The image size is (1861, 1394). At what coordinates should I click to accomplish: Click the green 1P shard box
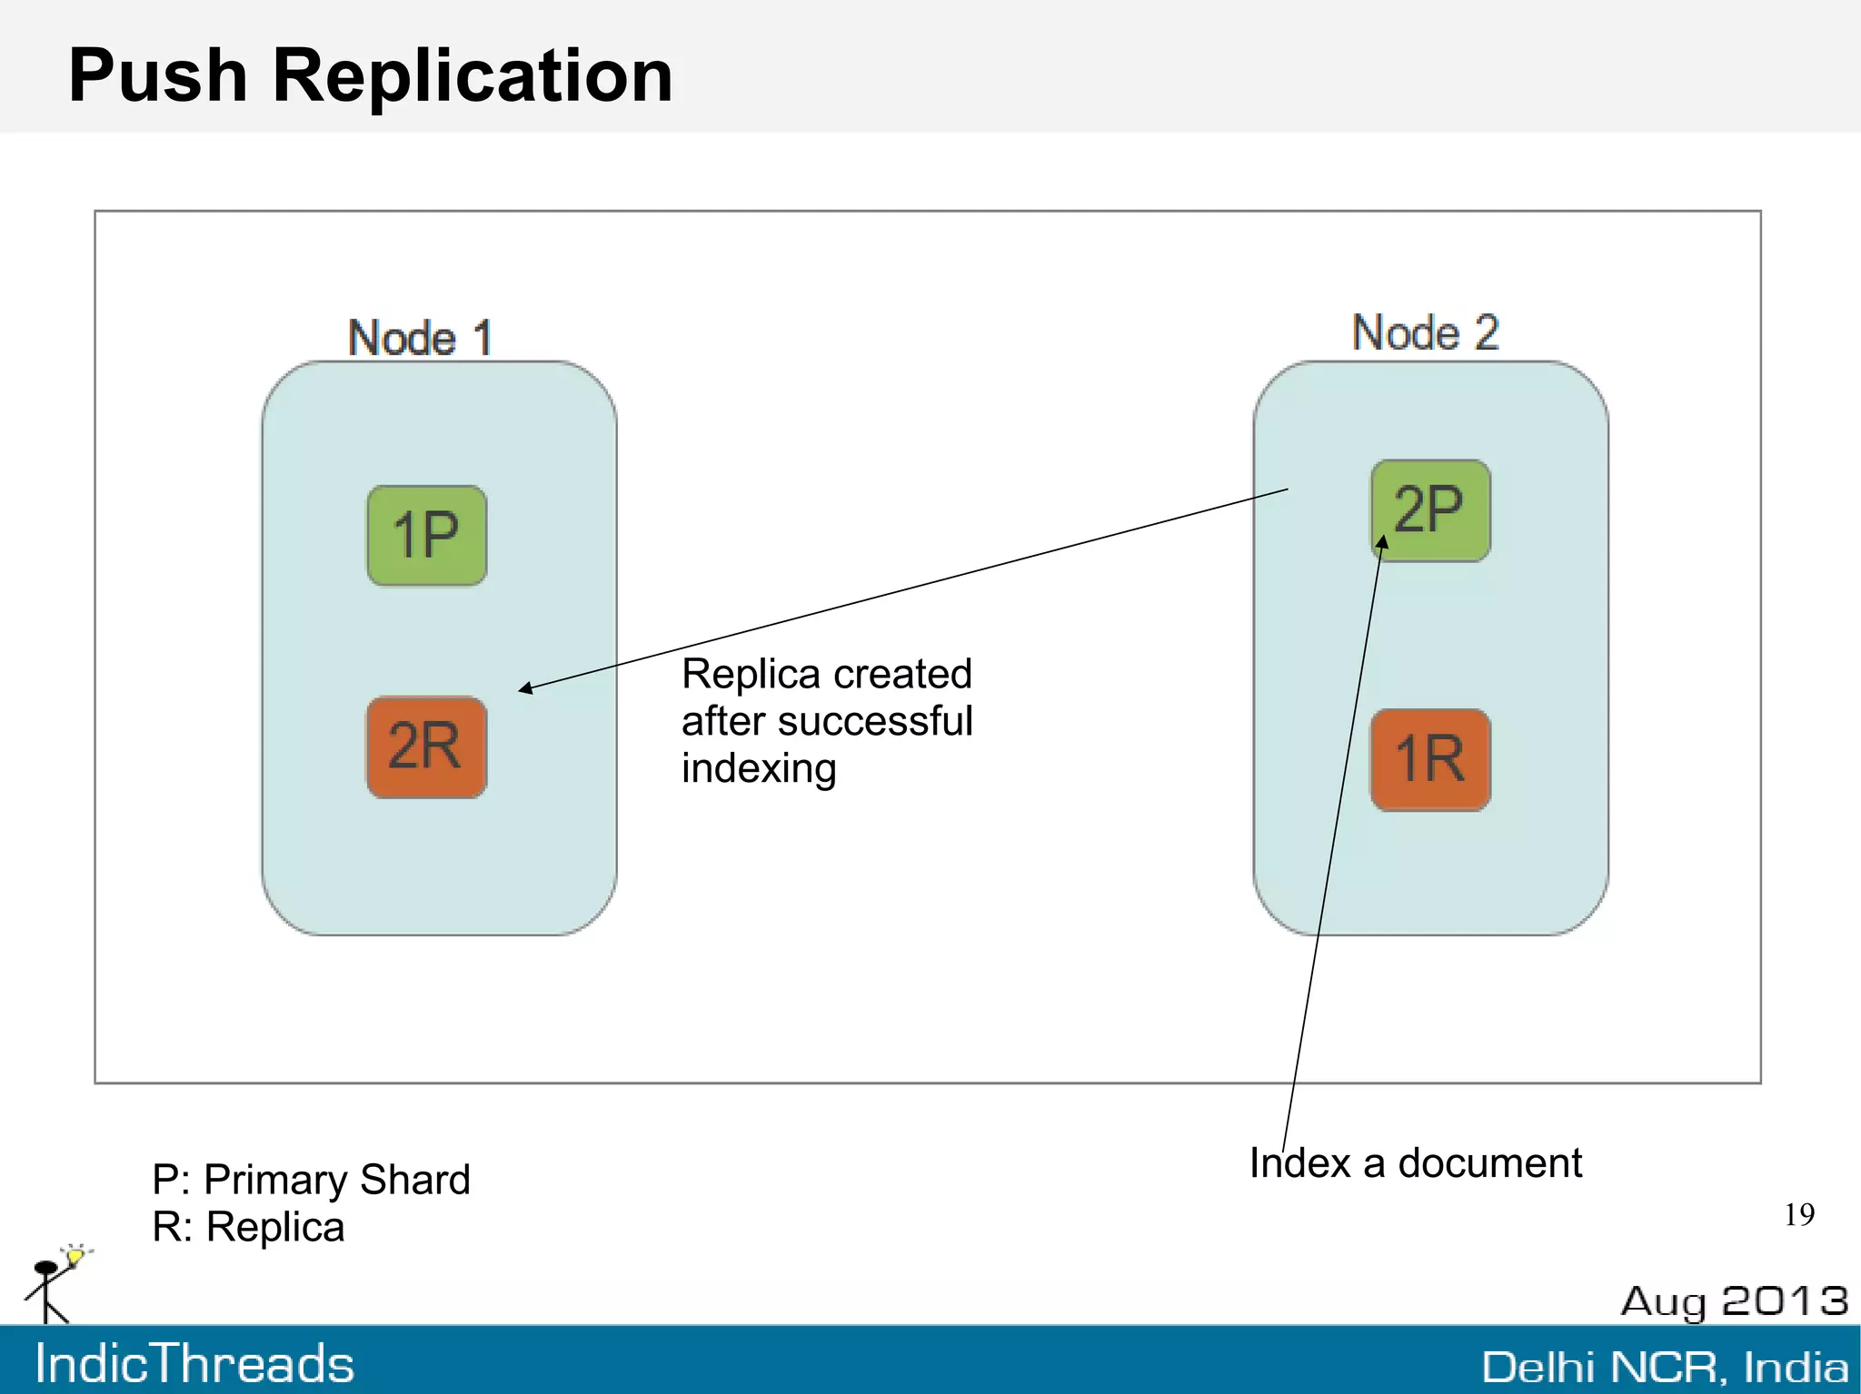point(426,535)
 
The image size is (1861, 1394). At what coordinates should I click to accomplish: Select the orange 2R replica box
point(426,747)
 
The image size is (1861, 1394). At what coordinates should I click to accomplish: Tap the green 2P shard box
point(1430,510)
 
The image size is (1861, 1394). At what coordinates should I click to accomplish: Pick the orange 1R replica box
point(1430,760)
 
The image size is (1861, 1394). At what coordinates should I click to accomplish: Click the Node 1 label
point(420,338)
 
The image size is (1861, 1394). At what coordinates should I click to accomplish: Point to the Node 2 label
point(1425,332)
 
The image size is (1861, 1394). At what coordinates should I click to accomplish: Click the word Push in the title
point(158,75)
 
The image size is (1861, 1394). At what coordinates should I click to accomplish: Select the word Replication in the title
point(473,75)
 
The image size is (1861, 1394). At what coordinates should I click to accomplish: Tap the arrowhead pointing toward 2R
point(525,688)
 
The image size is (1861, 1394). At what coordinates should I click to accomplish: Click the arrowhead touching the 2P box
point(1382,542)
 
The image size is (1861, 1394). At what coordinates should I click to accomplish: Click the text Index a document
point(1415,1163)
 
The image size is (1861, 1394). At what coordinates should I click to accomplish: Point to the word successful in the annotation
point(876,721)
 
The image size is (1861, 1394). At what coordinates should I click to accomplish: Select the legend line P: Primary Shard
point(311,1180)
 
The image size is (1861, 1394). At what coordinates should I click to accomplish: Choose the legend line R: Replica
point(248,1227)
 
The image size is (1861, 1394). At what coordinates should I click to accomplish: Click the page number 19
point(1798,1214)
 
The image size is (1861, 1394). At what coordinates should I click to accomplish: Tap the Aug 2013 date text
point(1734,1301)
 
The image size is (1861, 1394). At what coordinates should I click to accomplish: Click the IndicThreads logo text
point(194,1364)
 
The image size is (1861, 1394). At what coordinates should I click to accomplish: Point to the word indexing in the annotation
point(759,768)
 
